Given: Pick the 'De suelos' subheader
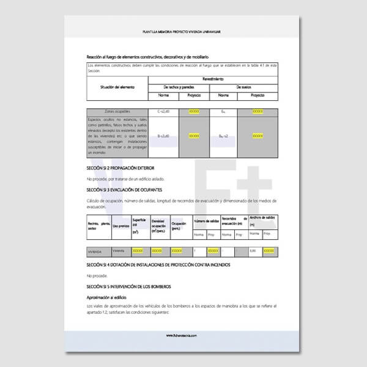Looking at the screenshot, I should [244, 88].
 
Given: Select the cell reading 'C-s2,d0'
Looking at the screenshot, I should [163, 112].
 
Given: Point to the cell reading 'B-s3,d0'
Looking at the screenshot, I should [163, 135].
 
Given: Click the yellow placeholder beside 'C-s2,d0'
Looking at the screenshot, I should [195, 112].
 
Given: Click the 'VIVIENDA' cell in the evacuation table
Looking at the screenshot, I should [95, 251].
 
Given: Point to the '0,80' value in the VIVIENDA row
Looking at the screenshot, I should [252, 251].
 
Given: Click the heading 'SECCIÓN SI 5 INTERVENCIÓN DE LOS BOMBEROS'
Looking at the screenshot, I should [128, 286].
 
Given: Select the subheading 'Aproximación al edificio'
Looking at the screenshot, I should [110, 297].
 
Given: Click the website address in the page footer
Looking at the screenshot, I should [183, 335].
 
